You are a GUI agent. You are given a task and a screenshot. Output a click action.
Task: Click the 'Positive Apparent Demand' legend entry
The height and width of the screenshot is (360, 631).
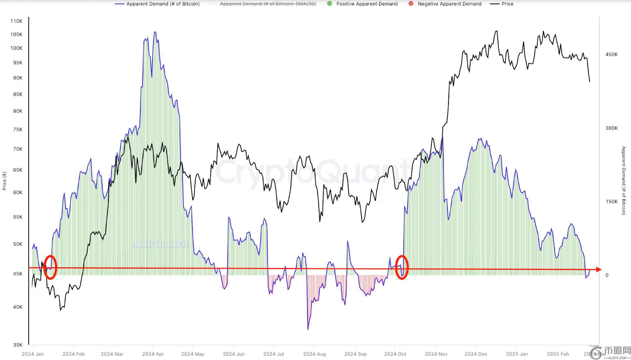point(367,4)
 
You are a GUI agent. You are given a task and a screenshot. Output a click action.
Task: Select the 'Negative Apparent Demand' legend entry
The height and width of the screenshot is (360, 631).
point(449,4)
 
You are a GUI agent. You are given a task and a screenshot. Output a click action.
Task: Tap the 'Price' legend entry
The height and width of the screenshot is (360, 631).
point(507,4)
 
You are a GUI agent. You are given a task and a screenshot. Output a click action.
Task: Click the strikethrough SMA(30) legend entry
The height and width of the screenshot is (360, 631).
point(268,4)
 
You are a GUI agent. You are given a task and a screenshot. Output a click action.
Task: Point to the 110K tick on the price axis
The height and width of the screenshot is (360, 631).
point(17,21)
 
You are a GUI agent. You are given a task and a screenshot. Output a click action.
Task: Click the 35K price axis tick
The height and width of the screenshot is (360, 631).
point(18,345)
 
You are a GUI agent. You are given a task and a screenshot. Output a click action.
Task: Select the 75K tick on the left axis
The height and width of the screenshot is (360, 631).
point(18,129)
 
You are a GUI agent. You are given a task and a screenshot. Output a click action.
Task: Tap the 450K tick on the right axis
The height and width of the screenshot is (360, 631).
point(611,54)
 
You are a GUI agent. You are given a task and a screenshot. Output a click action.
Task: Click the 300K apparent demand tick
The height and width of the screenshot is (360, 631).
point(611,128)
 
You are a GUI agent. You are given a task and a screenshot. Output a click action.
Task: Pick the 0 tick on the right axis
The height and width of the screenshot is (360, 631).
point(607,275)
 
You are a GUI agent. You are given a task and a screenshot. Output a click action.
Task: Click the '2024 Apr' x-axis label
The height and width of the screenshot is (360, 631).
point(153,354)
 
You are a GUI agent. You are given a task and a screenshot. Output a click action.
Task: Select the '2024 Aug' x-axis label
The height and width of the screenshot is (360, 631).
point(314,354)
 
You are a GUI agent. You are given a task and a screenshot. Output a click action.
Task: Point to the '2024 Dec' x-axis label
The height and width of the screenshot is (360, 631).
point(476,354)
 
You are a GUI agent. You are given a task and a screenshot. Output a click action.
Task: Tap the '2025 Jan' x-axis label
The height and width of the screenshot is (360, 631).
point(517,354)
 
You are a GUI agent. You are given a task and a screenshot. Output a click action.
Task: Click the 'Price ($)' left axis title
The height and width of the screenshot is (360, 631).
point(4,181)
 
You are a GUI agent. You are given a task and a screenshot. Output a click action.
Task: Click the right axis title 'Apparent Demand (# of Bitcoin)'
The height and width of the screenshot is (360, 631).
point(624,181)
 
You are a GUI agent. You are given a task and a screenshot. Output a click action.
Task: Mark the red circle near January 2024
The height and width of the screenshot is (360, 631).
point(50,267)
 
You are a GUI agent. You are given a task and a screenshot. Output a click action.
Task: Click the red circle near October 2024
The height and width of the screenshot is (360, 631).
point(401,267)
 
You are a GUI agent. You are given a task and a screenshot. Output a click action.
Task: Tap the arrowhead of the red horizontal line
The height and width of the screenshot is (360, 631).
point(599,270)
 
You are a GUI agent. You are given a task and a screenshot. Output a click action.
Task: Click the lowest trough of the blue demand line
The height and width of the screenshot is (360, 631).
point(308,329)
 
